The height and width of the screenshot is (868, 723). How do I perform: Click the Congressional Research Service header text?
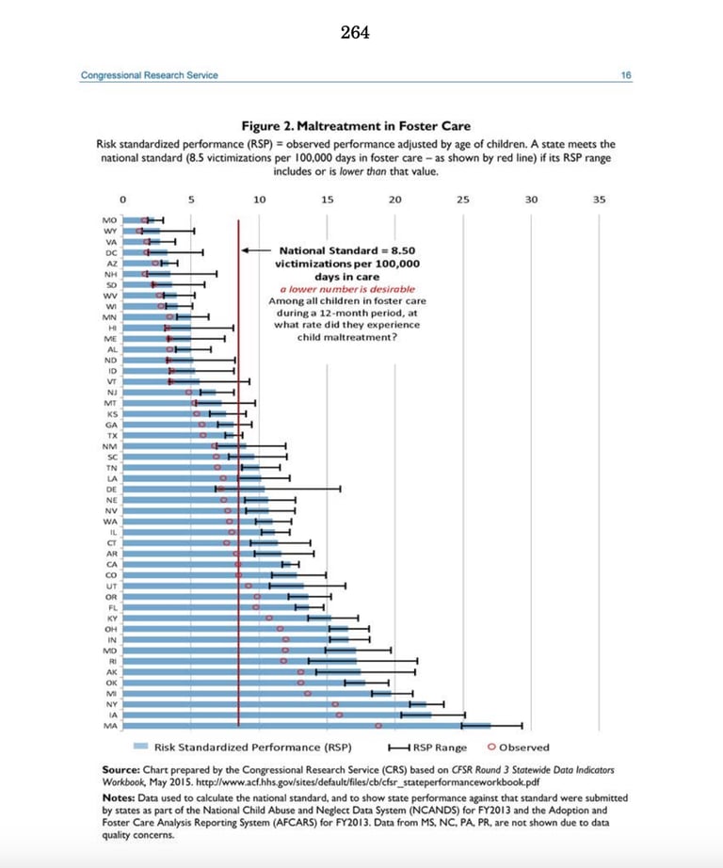149,75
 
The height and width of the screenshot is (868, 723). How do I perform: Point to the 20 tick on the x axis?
395,199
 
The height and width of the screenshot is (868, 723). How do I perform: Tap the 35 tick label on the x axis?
600,199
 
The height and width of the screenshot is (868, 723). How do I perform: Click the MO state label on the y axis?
110,218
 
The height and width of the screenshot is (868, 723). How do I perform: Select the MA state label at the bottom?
110,726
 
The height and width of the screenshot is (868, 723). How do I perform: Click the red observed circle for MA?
378,726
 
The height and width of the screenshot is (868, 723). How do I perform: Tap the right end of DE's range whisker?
340,489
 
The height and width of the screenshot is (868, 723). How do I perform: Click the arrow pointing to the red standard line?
254,251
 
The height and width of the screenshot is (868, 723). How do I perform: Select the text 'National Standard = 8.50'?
348,251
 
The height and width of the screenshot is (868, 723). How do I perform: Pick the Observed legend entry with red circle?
518,747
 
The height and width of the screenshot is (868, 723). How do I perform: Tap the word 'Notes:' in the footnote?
119,797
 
